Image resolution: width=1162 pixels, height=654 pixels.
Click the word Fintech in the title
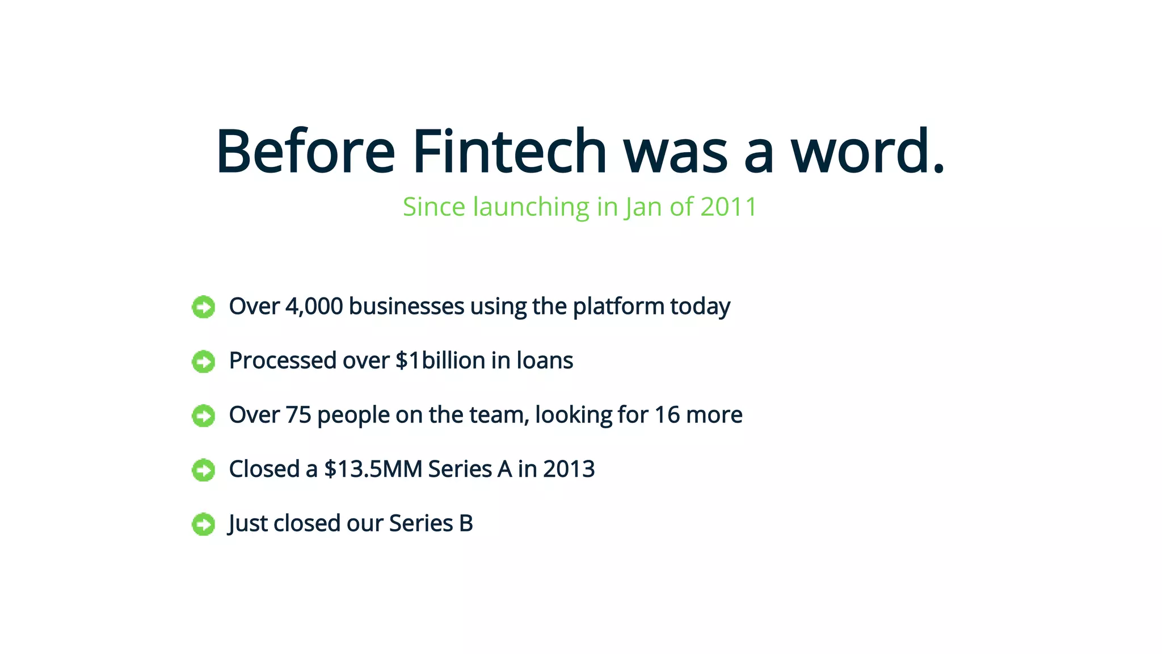point(510,151)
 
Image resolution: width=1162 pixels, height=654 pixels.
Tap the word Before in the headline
point(305,151)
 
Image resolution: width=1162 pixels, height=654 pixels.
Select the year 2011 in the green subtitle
point(729,207)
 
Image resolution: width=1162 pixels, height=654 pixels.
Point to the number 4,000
point(314,307)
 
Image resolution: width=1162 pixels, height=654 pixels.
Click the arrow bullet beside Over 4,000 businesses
point(203,307)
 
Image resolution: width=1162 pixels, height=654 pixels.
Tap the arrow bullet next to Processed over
point(203,362)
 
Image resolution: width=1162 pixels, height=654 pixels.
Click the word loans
point(545,360)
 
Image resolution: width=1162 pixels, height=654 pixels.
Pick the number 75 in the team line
point(298,415)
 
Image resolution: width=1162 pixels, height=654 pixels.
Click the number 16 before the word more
point(667,415)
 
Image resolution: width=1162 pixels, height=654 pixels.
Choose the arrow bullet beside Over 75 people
point(203,416)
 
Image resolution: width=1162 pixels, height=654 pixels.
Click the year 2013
point(569,469)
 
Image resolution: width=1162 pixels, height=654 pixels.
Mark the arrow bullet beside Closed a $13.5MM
point(203,470)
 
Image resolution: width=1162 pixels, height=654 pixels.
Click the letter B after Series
point(466,523)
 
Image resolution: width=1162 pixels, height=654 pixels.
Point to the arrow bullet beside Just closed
point(203,524)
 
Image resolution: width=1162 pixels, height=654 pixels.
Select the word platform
point(618,307)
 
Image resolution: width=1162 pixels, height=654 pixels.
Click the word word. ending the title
point(868,151)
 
